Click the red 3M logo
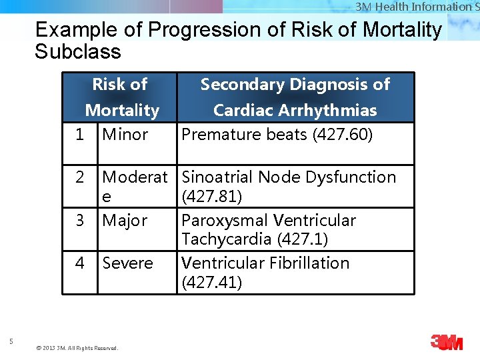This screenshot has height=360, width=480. click(446, 343)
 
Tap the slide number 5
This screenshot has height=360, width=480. click(11, 342)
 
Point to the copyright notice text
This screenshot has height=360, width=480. click(77, 348)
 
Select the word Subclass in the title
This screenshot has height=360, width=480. click(78, 52)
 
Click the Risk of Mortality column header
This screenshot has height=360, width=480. click(121, 97)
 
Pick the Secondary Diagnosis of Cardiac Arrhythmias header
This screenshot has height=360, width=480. click(295, 97)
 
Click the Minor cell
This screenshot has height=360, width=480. click(125, 135)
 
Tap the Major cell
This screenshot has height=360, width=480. click(125, 221)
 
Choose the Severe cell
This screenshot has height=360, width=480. click(127, 263)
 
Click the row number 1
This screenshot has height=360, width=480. click(79, 135)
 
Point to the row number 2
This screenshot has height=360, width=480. click(80, 177)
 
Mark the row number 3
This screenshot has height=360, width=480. click(80, 221)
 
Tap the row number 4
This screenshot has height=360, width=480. click(80, 263)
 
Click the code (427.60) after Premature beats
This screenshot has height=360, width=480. click(343, 135)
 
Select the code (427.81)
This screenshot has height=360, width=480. click(211, 197)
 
